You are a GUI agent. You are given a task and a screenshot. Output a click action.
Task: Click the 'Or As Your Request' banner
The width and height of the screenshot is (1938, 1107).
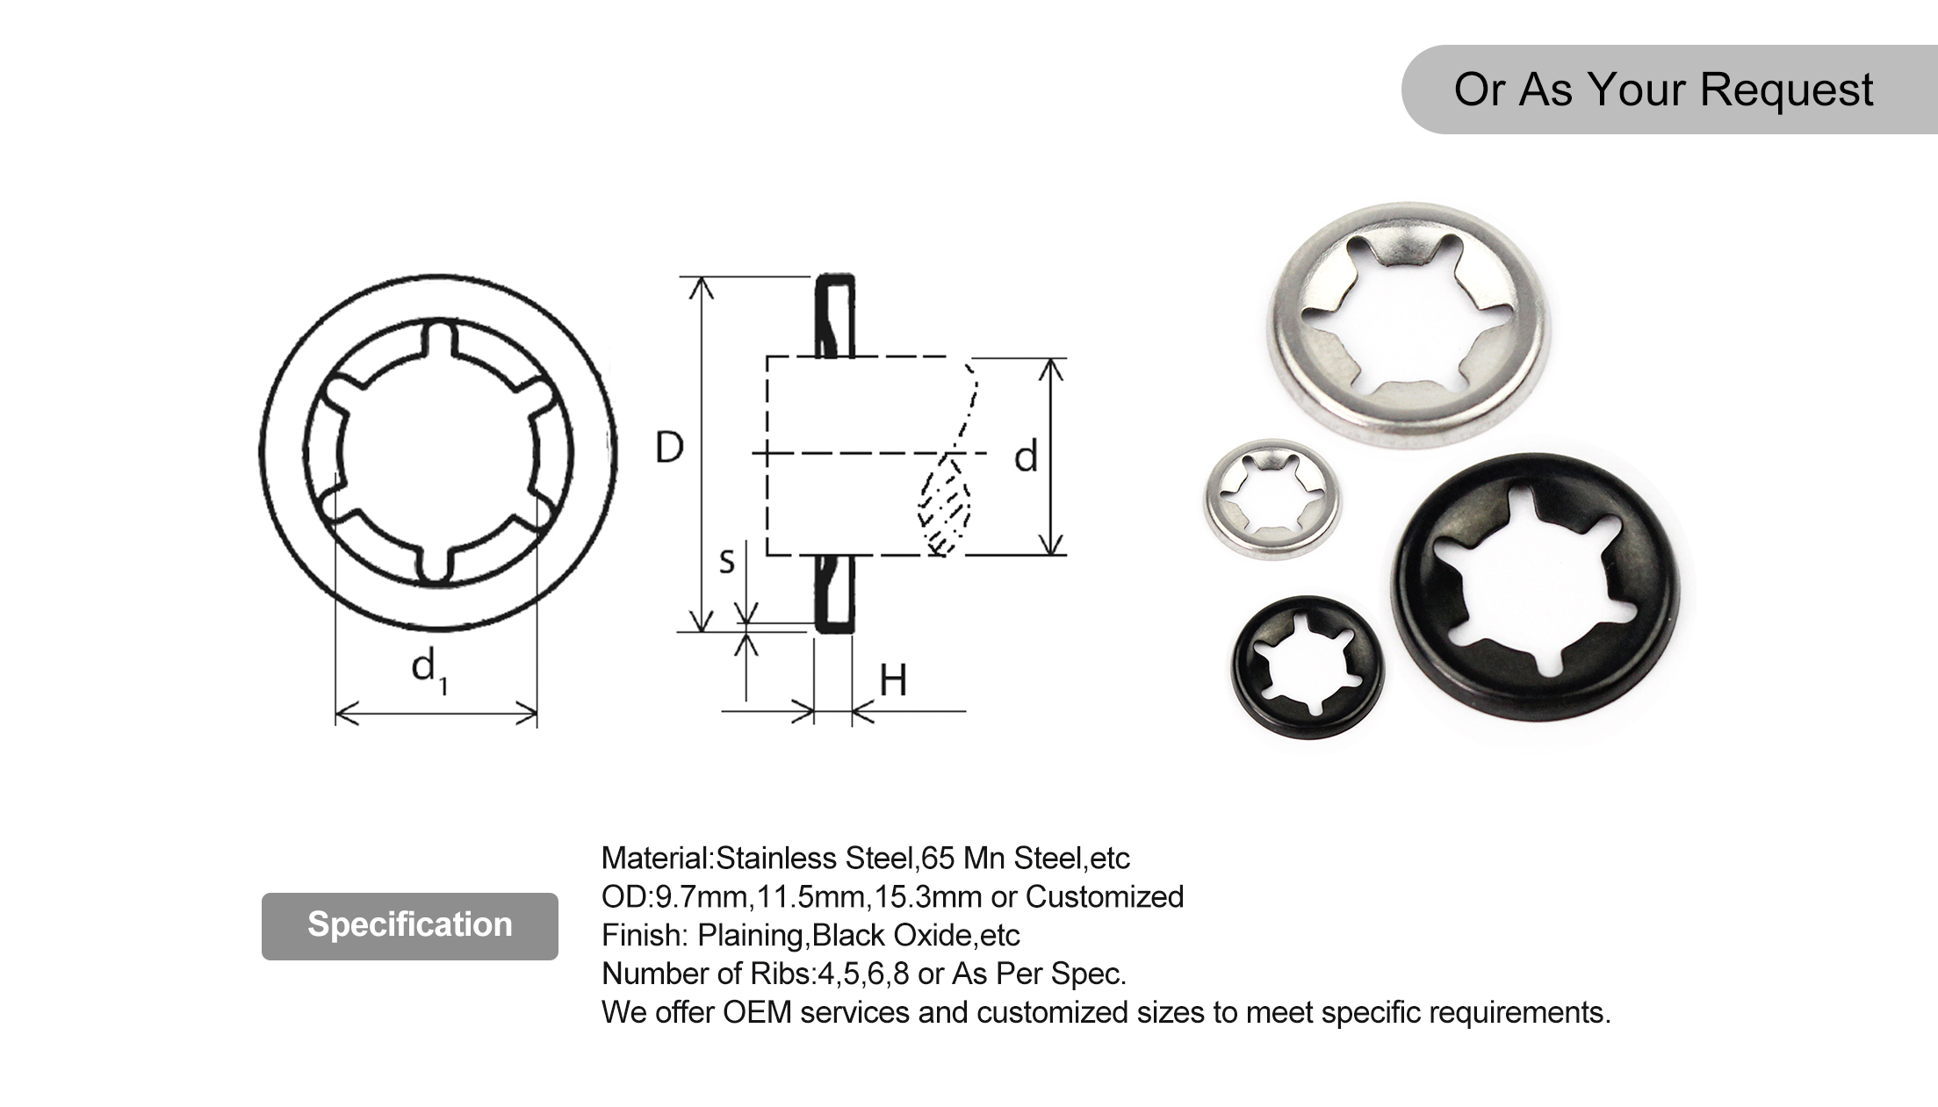tap(1662, 90)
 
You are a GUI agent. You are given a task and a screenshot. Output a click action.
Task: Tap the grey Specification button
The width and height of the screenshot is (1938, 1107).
tap(409, 925)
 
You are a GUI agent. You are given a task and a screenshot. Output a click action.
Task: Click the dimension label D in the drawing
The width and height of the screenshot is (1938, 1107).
tap(669, 448)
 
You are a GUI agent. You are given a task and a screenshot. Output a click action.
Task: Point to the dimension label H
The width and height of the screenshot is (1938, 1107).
tap(893, 680)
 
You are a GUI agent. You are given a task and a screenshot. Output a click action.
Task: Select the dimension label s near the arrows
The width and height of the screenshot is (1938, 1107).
tap(726, 561)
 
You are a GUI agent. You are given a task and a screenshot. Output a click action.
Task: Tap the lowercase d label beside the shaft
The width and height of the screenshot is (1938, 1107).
tap(1026, 457)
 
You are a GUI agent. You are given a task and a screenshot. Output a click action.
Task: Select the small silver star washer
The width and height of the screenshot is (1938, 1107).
tap(1272, 499)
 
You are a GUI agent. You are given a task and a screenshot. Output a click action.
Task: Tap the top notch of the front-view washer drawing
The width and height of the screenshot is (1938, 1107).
tap(439, 341)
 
